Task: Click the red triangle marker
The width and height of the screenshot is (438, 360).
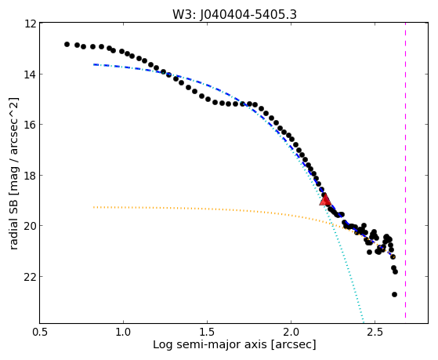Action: click(325, 199)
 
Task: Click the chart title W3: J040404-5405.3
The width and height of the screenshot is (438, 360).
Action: click(234, 15)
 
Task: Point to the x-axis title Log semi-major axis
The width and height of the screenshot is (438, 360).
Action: click(210, 344)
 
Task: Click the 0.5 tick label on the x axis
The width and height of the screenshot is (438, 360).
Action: click(39, 332)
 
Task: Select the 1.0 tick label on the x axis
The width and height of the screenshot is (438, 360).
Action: click(123, 332)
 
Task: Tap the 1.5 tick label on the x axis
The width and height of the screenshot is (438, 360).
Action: click(207, 332)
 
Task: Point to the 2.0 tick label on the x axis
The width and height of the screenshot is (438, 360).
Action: click(291, 332)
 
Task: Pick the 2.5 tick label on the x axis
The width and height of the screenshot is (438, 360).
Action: click(375, 332)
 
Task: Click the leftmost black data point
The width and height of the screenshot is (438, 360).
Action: click(67, 44)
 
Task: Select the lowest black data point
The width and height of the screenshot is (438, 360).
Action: click(394, 294)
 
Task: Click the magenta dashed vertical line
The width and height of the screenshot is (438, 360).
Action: click(405, 170)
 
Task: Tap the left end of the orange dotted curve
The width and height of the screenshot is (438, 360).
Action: click(94, 207)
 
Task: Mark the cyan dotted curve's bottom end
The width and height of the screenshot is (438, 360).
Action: click(364, 322)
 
